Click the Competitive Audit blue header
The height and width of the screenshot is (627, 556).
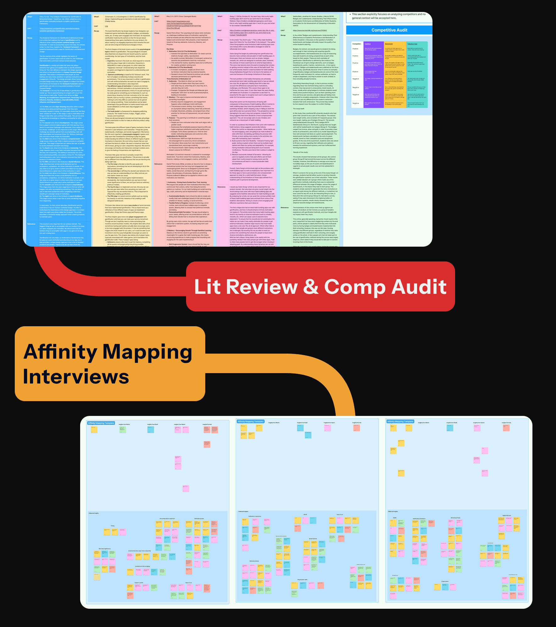coord(389,30)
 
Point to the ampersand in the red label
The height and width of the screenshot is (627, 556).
coord(311,287)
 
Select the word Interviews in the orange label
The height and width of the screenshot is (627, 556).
coord(76,377)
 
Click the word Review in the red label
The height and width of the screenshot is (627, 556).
coord(262,287)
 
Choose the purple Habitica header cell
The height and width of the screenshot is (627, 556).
coord(373,44)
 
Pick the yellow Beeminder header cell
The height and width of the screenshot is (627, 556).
coord(395,44)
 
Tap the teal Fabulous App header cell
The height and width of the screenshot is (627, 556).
coord(417,44)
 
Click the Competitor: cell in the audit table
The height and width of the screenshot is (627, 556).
coord(357,44)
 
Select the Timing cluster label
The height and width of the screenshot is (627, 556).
coord(113,526)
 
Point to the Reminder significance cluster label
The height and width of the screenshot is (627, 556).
coord(105,549)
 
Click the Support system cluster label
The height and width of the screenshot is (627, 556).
coord(139,583)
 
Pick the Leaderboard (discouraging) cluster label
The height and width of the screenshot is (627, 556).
coord(142,566)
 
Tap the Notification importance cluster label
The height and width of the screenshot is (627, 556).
coord(255,516)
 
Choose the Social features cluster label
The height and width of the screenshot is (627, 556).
coord(313,539)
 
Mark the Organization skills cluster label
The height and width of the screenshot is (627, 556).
coord(302,579)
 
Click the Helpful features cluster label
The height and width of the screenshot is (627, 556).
coord(507,515)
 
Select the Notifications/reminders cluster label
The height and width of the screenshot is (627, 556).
coord(419,519)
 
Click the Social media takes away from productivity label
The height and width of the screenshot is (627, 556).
coord(140,551)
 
